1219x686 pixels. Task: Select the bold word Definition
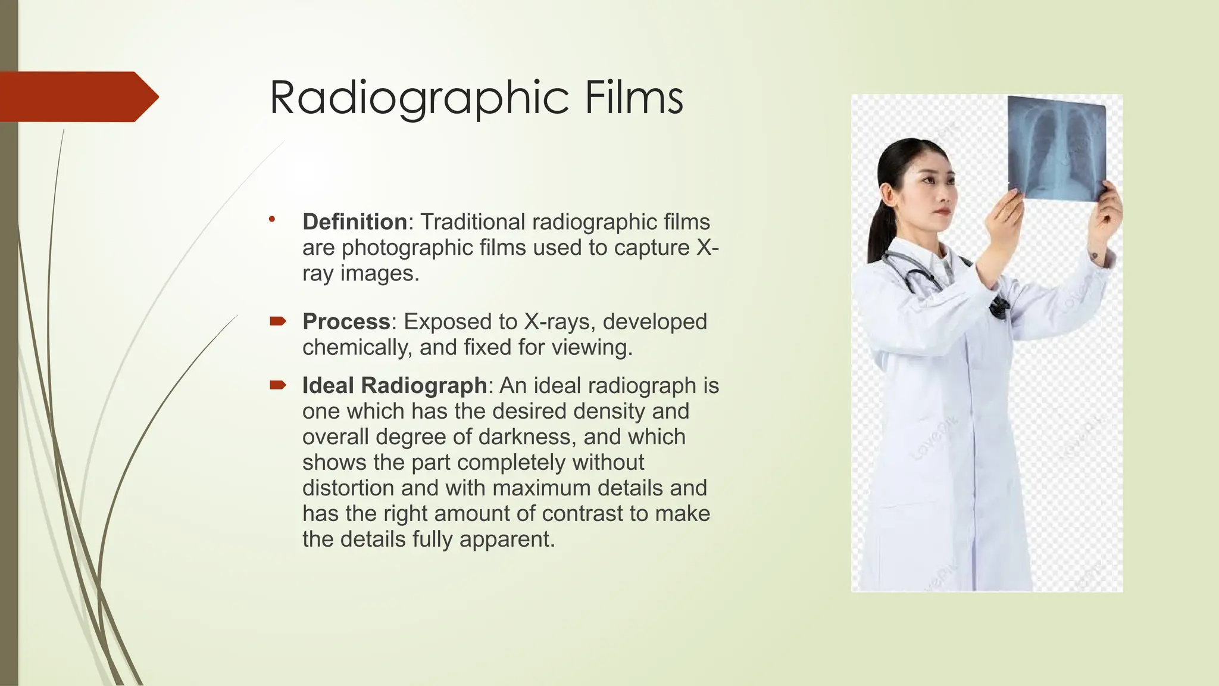(355, 222)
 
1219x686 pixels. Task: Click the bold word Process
(346, 322)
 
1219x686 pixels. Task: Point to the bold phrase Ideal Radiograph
(395, 385)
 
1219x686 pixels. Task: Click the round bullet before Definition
(272, 219)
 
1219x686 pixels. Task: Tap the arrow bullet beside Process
(277, 322)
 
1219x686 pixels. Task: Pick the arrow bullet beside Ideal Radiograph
(277, 385)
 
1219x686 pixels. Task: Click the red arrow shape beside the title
(77, 96)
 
